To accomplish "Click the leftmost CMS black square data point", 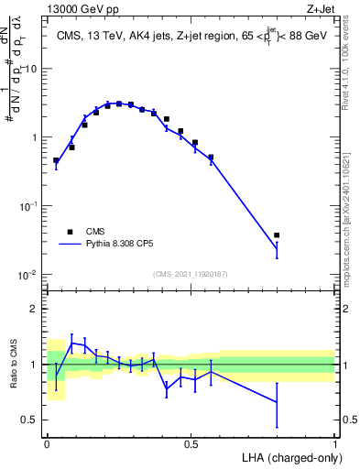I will click(56, 160).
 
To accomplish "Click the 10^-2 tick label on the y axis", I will click(27, 275).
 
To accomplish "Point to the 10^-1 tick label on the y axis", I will click(27, 206).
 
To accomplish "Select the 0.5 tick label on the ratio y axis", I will click(31, 420).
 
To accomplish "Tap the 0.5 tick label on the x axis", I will click(191, 443).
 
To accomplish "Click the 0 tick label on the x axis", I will click(46, 443).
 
